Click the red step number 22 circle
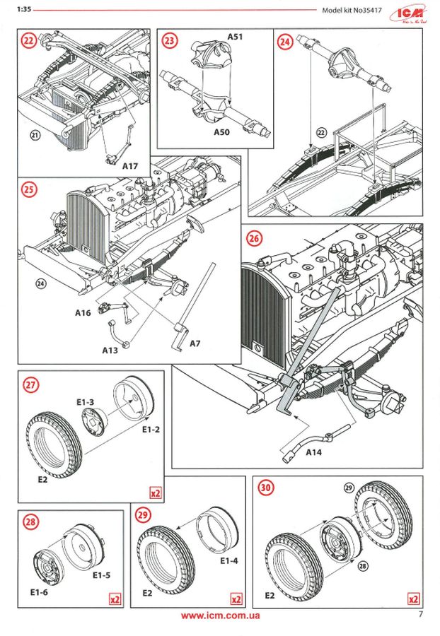pyautogui.click(x=29, y=42)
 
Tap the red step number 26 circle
pyautogui.click(x=256, y=238)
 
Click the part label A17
pyautogui.click(x=129, y=167)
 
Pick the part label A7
pyautogui.click(x=197, y=343)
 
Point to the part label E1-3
pyautogui.click(x=86, y=401)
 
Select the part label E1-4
pyautogui.click(x=230, y=561)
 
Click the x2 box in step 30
pyautogui.click(x=414, y=599)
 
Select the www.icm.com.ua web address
pyautogui.click(x=220, y=616)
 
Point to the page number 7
pyautogui.click(x=420, y=613)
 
